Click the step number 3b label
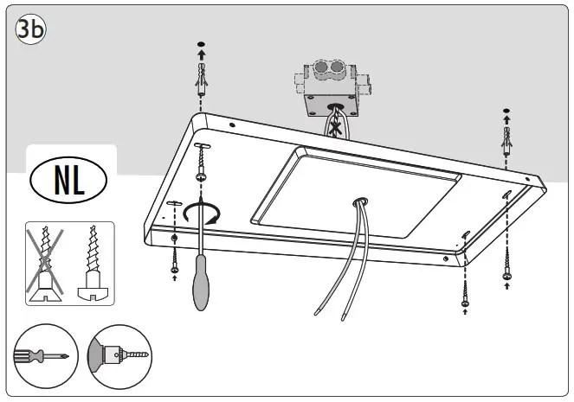(30, 29)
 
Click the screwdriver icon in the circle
(41, 356)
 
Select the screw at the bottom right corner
(507, 264)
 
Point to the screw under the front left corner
(175, 259)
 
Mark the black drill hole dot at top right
(506, 111)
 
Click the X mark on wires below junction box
(334, 126)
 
